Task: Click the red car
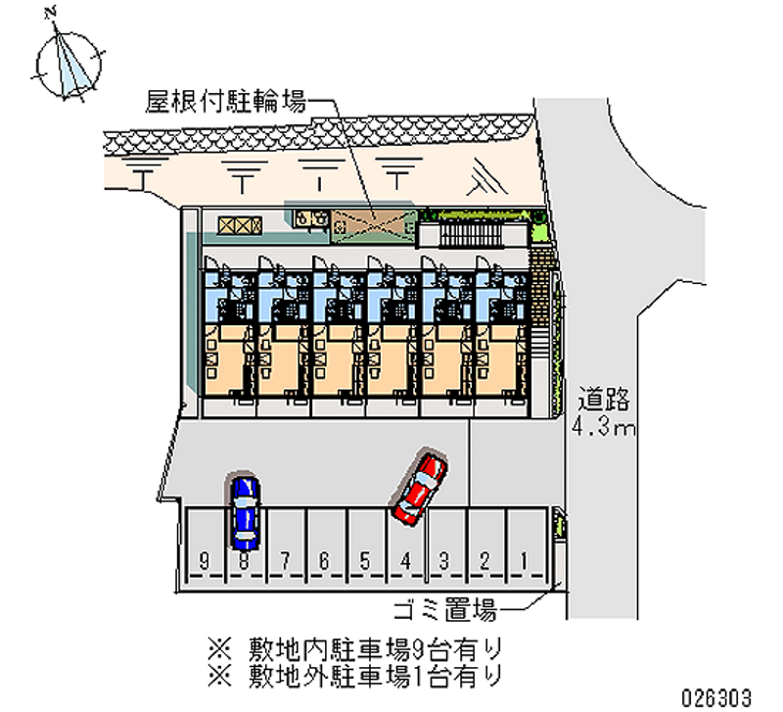tap(420, 486)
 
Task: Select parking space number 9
tap(204, 560)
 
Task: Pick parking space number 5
tap(364, 560)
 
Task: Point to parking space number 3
tap(443, 560)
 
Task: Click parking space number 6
tap(324, 560)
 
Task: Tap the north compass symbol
tap(69, 63)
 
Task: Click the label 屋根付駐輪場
tap(224, 99)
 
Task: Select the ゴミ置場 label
tap(442, 612)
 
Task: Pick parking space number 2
tap(484, 560)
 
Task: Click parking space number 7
tap(284, 560)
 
